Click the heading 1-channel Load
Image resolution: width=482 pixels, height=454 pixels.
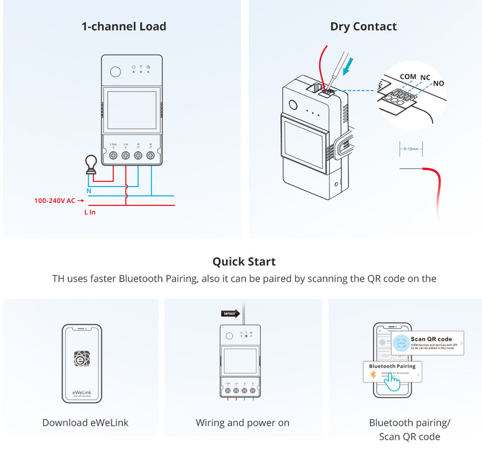(x=124, y=26)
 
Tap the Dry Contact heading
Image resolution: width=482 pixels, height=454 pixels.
(x=363, y=26)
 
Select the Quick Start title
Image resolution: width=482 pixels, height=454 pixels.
(x=244, y=262)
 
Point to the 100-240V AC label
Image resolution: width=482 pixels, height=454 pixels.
(x=55, y=199)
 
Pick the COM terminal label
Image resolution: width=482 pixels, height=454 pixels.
(x=408, y=77)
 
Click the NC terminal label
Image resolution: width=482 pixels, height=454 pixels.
(x=425, y=78)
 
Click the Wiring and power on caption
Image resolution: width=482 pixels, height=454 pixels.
(x=243, y=423)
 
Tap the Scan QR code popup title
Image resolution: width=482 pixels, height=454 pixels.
(x=431, y=340)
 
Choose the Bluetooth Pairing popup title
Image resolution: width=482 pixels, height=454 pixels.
(x=392, y=366)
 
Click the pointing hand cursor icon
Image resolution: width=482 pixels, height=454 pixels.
(x=392, y=382)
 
